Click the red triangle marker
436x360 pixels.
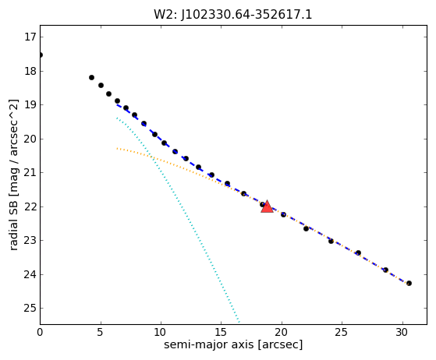tap(267, 206)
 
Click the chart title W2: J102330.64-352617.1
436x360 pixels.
tap(233, 15)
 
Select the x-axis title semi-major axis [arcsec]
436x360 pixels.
tap(233, 344)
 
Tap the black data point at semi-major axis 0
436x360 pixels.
tap(41, 55)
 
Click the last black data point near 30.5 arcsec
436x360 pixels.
tap(409, 284)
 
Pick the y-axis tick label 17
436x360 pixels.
tap(30, 37)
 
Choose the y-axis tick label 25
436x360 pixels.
tap(30, 308)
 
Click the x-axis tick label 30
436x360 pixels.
tap(403, 332)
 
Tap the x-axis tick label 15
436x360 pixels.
tap(222, 332)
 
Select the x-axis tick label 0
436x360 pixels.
tap(40, 332)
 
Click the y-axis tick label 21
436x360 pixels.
tap(30, 172)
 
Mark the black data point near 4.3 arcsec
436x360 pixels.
tap(91, 77)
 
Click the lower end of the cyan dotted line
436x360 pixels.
tap(239, 323)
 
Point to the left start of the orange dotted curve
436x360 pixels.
tap(117, 148)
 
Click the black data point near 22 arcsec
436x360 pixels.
tap(307, 228)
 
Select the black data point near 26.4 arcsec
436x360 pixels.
tap(359, 252)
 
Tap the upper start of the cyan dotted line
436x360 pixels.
tap(117, 118)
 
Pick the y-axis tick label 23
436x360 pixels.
tap(30, 240)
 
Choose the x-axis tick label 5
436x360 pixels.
tap(101, 332)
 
